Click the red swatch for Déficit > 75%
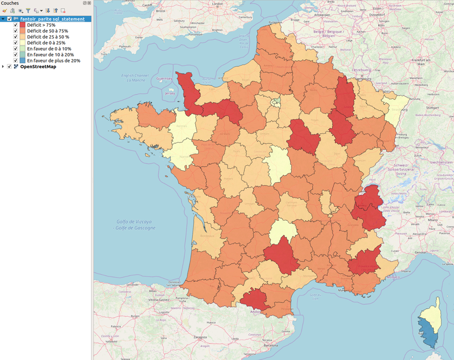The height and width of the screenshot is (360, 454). click(23, 25)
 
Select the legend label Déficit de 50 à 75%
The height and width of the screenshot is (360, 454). click(47, 31)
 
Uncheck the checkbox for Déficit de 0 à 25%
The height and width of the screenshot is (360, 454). click(16, 43)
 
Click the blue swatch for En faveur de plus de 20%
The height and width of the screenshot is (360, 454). click(23, 60)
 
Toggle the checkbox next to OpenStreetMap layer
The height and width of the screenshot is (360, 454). click(10, 66)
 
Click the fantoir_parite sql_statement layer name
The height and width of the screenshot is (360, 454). click(53, 19)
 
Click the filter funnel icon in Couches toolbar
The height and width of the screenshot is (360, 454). click(28, 11)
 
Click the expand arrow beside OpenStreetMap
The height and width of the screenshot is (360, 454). click(3, 66)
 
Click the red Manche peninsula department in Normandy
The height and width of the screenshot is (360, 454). click(184, 88)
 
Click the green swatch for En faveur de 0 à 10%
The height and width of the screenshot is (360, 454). click(23, 48)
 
